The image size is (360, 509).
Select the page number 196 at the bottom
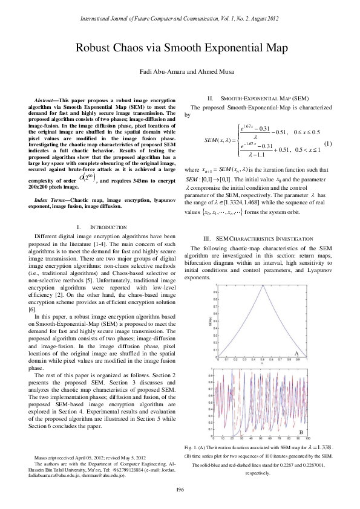tap(180, 488)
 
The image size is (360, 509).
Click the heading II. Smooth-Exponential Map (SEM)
tap(260, 97)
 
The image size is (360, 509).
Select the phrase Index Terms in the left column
tap(51, 199)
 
